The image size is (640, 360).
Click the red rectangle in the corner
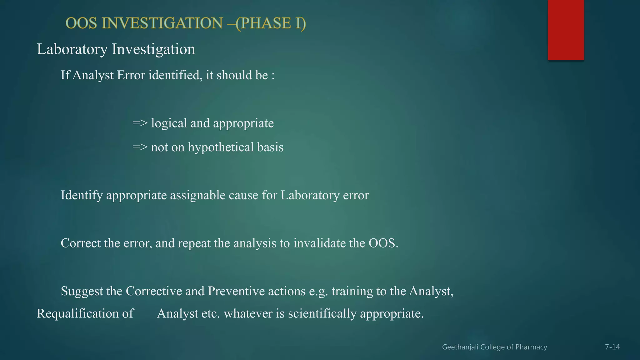coord(566,30)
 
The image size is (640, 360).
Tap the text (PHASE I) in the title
coord(271,23)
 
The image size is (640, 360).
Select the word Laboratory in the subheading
coord(72,49)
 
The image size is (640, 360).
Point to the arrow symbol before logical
coord(140,123)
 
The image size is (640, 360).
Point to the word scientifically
coord(322,313)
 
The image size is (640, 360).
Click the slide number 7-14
coord(612,347)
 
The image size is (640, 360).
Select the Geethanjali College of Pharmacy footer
coord(494,347)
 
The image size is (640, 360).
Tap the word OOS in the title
coord(81,23)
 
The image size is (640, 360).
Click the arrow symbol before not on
coord(140,147)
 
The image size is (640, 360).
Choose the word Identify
coord(82,195)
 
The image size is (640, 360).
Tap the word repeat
coord(194,243)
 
